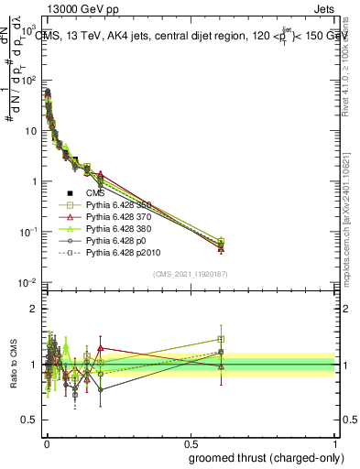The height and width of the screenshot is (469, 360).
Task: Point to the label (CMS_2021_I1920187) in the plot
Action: click(x=191, y=274)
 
